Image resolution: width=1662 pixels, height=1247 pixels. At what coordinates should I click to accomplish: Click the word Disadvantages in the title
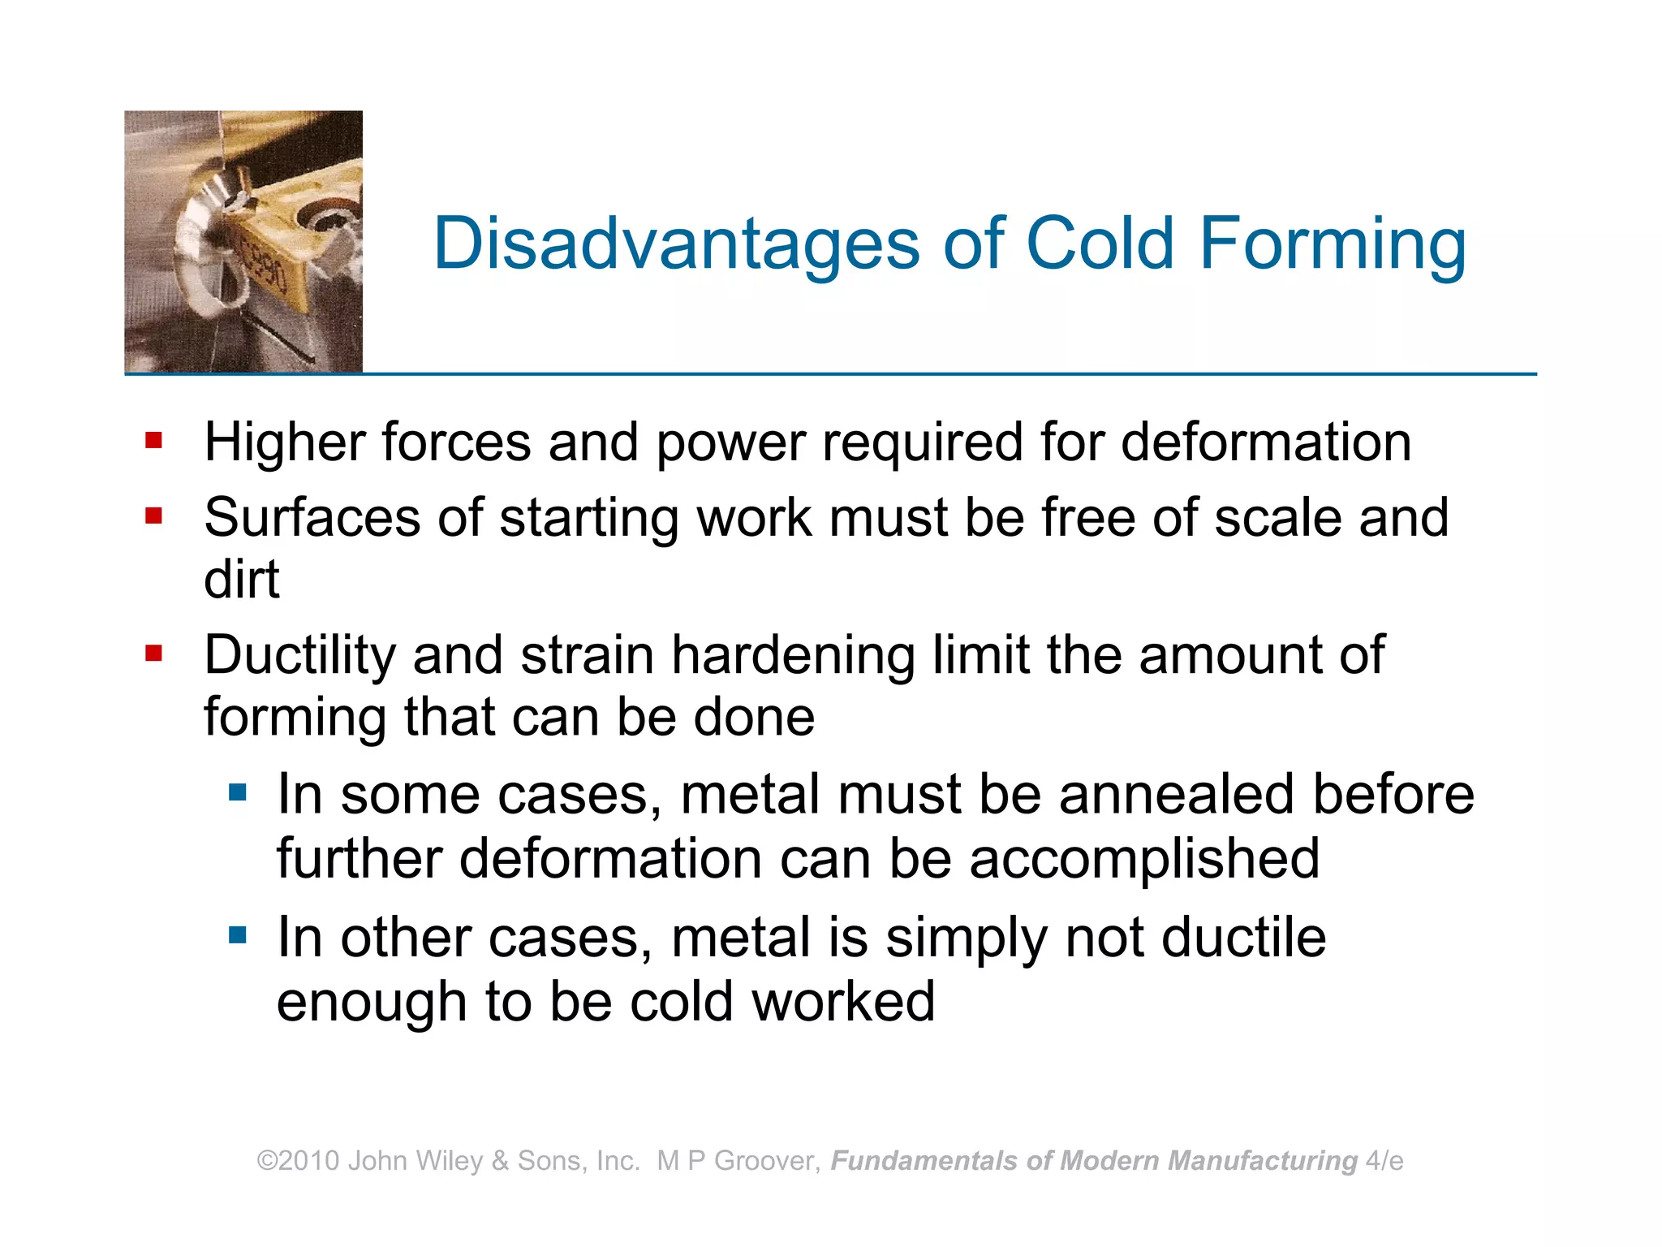[676, 244]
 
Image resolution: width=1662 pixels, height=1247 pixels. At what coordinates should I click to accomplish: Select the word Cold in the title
[1100, 244]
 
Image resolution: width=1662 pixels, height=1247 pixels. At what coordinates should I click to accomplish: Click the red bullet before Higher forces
[154, 442]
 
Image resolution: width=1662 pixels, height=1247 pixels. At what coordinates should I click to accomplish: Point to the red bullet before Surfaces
[154, 516]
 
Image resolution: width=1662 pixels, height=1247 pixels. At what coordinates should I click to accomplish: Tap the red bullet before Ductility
[154, 654]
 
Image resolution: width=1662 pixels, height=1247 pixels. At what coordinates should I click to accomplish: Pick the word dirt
[242, 580]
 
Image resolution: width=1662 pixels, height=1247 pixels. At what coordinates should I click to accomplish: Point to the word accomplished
[1144, 859]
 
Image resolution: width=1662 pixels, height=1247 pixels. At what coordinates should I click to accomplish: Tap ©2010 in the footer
[298, 1161]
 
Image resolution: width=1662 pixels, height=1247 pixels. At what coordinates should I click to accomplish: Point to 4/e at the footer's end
[1384, 1161]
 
